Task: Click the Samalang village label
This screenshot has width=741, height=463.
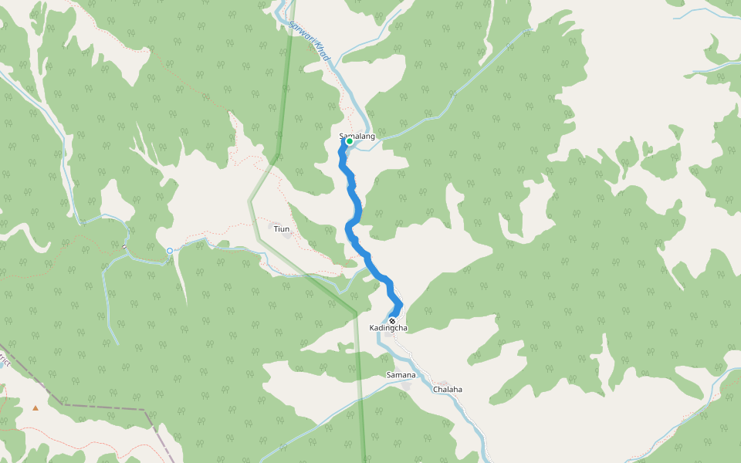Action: (357, 136)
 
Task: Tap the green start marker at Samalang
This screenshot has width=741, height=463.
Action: (350, 141)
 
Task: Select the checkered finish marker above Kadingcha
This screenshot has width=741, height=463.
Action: (392, 321)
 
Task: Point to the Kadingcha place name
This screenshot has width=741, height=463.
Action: (388, 329)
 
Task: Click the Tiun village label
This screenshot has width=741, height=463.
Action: (282, 229)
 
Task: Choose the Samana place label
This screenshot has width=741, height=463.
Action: (401, 375)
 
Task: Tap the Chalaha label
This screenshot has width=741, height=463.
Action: (448, 390)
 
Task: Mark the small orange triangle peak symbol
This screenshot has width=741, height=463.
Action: (35, 407)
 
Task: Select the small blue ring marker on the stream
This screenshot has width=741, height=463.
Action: (170, 250)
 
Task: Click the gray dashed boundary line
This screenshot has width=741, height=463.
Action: (100, 405)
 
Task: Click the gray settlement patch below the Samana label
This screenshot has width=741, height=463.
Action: (406, 384)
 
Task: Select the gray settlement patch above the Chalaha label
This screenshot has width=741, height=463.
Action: (443, 383)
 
